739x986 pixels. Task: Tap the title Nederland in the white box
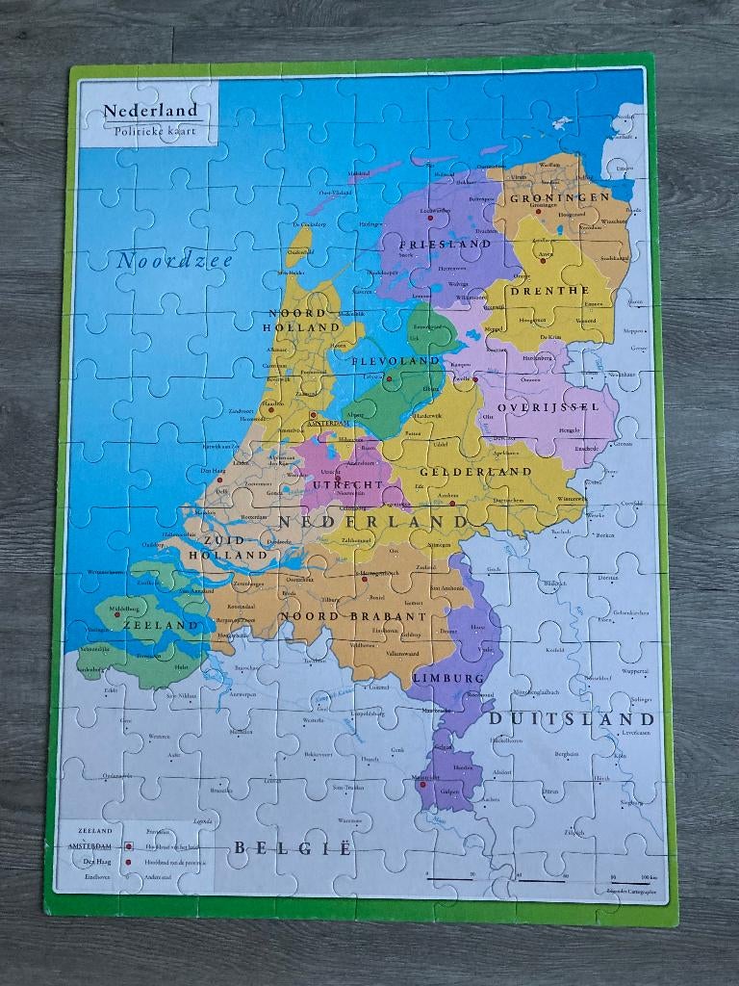click(150, 111)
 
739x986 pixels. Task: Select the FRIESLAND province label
click(446, 245)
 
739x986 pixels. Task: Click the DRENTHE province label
click(549, 291)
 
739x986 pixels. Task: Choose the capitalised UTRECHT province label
click(347, 483)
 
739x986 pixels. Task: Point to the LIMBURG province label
click(447, 678)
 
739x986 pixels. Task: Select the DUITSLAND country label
click(572, 719)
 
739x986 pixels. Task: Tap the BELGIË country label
click(293, 849)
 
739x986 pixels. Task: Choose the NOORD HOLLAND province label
click(303, 321)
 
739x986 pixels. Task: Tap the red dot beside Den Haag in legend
click(128, 861)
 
